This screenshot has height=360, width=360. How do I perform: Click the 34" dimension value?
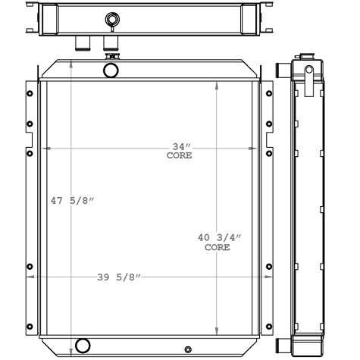[180, 146]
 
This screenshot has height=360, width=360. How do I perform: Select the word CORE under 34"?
[180, 155]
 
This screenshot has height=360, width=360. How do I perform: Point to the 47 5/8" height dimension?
[72, 201]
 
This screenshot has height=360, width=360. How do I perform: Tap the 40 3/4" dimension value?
[218, 238]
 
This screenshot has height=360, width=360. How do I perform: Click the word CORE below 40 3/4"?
[218, 247]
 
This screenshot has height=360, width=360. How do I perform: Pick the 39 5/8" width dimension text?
[117, 276]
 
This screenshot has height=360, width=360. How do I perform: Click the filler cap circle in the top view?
[112, 19]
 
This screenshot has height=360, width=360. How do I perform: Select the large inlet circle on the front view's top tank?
[112, 70]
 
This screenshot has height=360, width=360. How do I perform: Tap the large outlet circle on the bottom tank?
[83, 346]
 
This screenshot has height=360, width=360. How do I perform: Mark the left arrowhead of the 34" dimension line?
[49, 150]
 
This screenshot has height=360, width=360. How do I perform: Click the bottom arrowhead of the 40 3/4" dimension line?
[218, 330]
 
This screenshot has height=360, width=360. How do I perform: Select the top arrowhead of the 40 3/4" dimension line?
[218, 86]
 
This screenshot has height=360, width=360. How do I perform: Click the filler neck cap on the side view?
[308, 73]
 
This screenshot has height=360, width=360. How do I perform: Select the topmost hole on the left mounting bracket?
[29, 93]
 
